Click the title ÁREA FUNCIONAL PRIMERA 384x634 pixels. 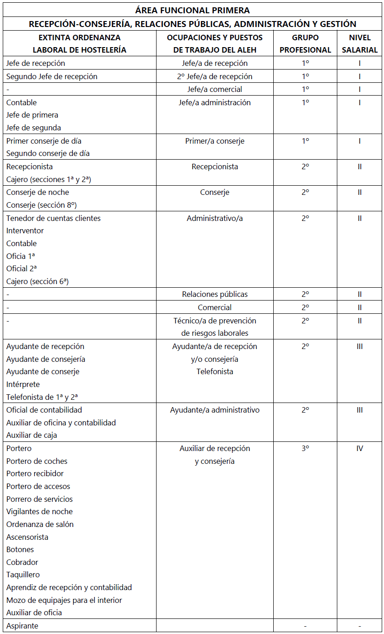point(192,10)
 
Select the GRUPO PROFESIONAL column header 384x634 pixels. point(305,43)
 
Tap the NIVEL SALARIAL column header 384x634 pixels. point(359,43)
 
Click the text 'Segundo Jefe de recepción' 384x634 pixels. point(52,76)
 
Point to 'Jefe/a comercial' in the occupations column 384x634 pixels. point(215,89)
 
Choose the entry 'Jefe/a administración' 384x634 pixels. point(215,102)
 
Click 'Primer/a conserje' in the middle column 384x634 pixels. point(215,141)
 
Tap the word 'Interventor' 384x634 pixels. point(25,231)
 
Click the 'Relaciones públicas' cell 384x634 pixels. point(215,294)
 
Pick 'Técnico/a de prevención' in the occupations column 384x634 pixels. point(215,321)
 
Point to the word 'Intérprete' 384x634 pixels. point(23,384)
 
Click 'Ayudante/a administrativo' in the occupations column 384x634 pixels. point(215,410)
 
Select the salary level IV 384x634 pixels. point(359,448)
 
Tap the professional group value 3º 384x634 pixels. point(305,448)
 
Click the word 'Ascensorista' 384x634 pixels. point(27,537)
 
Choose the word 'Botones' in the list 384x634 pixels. point(20,549)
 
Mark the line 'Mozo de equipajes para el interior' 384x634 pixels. point(64,600)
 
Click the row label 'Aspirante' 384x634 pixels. point(22,626)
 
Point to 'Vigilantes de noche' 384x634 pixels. point(39,511)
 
